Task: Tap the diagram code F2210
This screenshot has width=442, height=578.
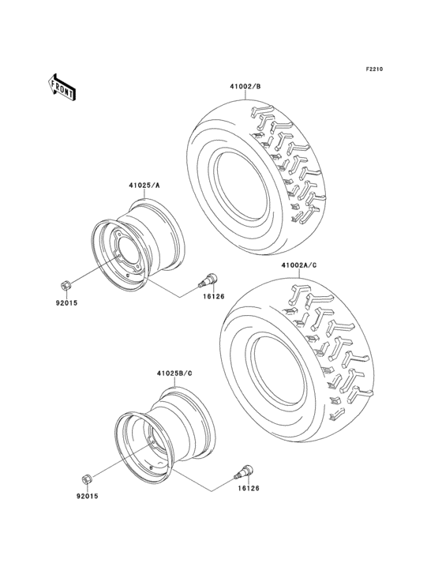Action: tap(374, 69)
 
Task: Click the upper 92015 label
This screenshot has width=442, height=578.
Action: tap(66, 301)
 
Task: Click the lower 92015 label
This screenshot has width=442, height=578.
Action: tap(87, 496)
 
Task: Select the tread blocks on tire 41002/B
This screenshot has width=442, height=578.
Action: tap(288, 158)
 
